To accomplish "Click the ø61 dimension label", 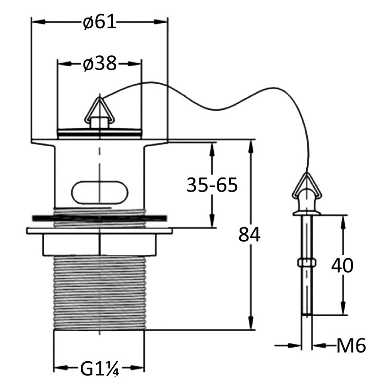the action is click(100, 21).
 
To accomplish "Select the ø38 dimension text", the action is click(100, 64).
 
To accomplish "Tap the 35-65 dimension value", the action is click(212, 185).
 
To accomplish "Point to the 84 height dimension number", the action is click(249, 234).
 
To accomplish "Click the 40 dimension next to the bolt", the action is click(342, 265).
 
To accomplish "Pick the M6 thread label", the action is click(351, 346).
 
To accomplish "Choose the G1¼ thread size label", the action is click(100, 369).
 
